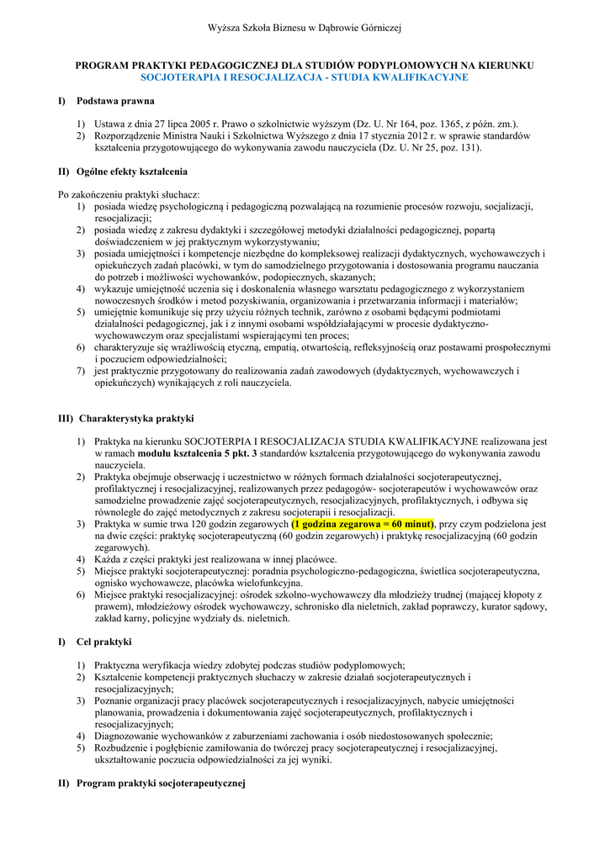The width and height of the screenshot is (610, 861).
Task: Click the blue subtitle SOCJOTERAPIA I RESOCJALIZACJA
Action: pyautogui.click(x=304, y=77)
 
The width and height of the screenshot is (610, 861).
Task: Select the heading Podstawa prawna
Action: pyautogui.click(x=115, y=101)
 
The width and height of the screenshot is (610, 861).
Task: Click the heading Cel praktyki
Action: pyautogui.click(x=104, y=642)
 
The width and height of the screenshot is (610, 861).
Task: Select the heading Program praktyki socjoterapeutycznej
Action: pyautogui.click(x=160, y=784)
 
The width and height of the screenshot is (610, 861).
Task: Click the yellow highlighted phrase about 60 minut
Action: pyautogui.click(x=362, y=523)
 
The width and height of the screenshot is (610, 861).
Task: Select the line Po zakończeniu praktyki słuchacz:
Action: pyautogui.click(x=128, y=194)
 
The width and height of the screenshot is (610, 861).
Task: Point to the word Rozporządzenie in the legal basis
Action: pyautogui.click(x=130, y=135)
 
